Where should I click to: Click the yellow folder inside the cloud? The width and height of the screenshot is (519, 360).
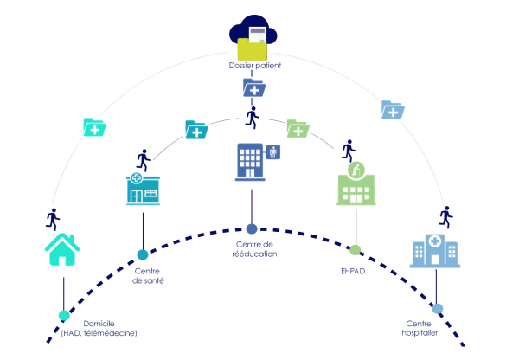point(252,48)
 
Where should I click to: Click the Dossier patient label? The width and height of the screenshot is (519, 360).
point(255,65)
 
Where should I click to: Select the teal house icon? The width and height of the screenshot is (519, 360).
point(62,249)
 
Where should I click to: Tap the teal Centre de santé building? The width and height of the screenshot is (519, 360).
point(144,191)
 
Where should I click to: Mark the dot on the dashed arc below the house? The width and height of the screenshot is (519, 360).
point(64,315)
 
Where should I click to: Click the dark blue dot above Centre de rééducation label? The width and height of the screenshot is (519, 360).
point(252,228)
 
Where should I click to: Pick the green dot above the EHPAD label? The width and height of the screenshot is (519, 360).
point(355,249)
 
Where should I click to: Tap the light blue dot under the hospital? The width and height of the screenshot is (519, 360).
point(438,308)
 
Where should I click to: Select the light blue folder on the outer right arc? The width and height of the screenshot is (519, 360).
point(393,109)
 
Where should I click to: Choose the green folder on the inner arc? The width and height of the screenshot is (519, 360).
point(298,128)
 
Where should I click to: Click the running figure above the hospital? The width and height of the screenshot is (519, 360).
point(445,215)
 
